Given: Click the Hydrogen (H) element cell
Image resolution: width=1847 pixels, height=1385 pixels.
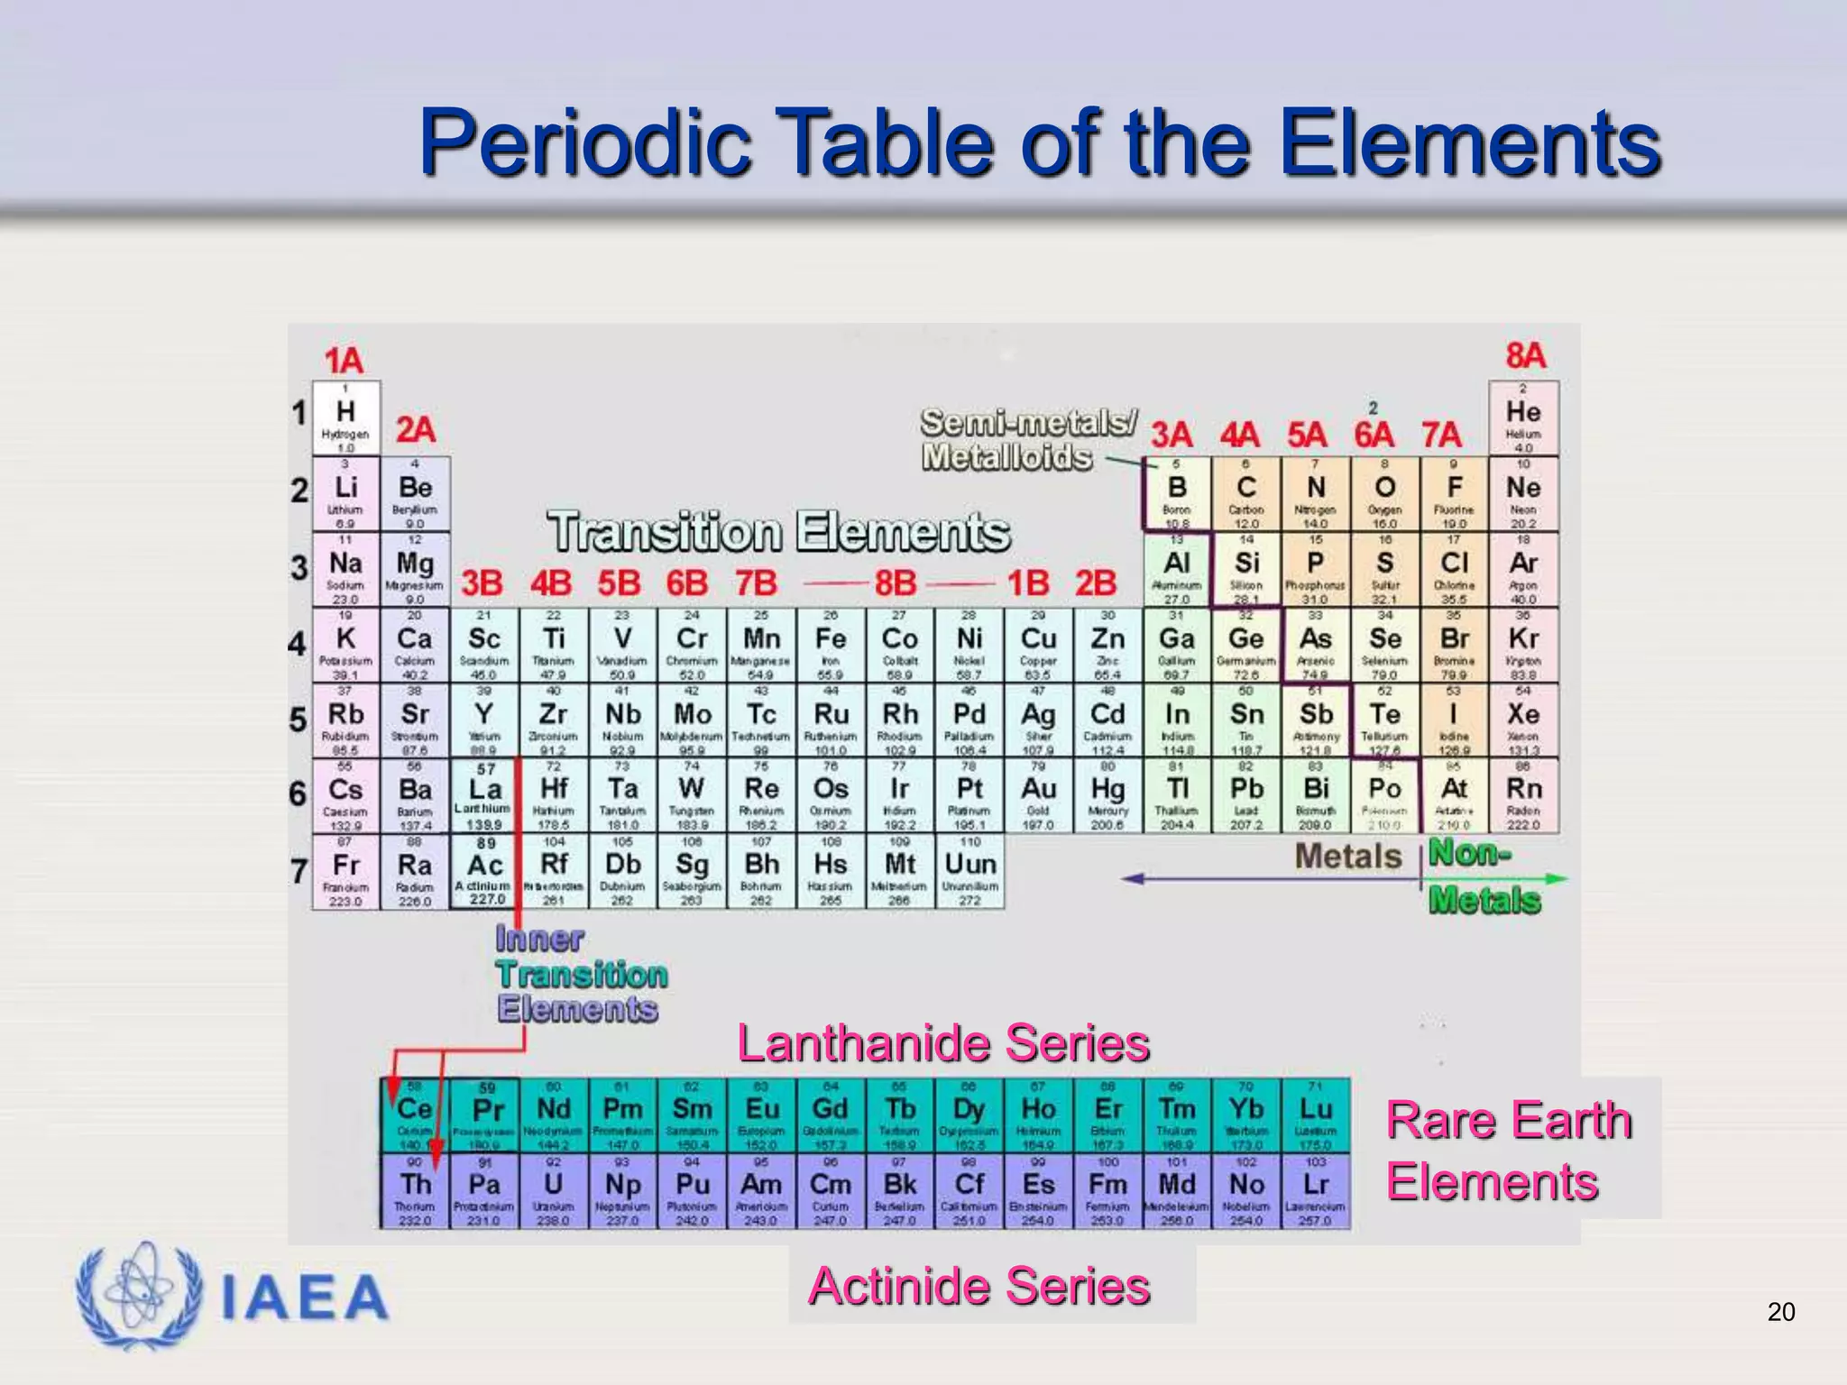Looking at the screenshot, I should [345, 417].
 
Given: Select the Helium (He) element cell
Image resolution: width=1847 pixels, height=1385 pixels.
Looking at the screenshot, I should [1523, 417].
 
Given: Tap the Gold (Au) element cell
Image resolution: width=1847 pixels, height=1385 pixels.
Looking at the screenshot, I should [1038, 795].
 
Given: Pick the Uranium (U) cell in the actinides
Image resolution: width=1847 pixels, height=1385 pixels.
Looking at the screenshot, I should [554, 1190].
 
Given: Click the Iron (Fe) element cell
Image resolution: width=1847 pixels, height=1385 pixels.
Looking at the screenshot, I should [831, 644].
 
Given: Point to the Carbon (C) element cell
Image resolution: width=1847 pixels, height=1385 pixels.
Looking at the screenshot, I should [1246, 493].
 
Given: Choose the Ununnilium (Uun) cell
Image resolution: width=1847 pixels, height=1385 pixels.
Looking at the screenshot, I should [969, 871].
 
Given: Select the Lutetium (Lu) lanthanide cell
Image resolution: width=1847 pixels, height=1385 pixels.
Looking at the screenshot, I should [1316, 1115].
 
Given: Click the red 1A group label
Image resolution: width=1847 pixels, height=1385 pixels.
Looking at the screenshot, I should [344, 361].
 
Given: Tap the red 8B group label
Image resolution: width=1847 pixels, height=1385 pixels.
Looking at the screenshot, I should [895, 583].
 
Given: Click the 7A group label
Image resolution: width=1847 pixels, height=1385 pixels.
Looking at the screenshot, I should [1441, 436].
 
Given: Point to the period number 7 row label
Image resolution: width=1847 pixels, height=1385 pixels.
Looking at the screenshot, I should [299, 872].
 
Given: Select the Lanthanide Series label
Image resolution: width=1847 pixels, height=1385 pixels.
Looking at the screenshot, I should [943, 1044].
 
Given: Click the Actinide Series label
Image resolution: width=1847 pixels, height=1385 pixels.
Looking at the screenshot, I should [979, 1286].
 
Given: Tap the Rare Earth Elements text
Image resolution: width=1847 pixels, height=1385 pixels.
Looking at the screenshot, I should [1509, 1151].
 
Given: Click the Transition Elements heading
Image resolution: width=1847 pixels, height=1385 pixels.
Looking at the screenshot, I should [779, 532].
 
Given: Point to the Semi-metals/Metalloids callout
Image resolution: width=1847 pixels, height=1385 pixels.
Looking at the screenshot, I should [1028, 439].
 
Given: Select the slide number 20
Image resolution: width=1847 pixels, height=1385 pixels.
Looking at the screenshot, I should [1780, 1312].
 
